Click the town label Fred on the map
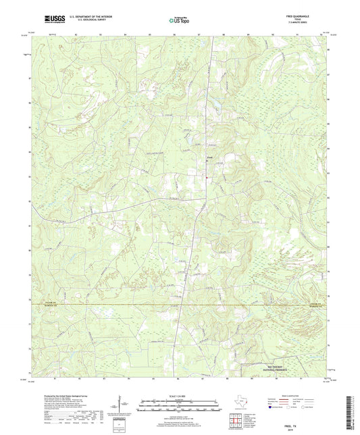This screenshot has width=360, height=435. coord(209,160)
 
